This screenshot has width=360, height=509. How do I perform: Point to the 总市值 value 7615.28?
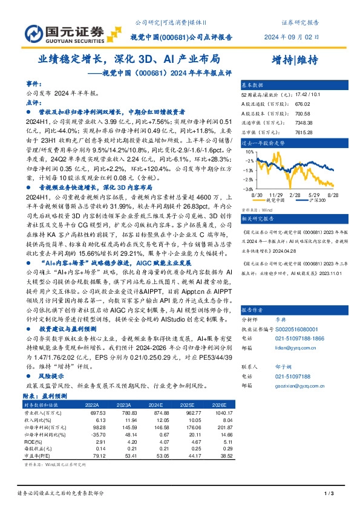click(304, 131)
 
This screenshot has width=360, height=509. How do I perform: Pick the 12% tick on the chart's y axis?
click(249, 151)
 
